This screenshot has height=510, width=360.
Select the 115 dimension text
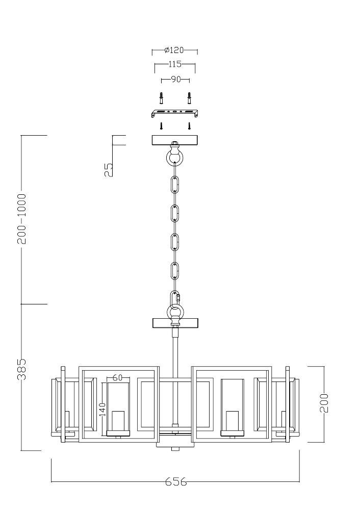click(x=174, y=64)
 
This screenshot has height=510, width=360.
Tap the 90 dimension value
click(x=175, y=79)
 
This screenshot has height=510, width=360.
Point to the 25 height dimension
click(x=109, y=169)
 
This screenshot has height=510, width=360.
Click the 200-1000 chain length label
click(x=22, y=219)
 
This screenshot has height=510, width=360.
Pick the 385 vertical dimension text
click(x=22, y=369)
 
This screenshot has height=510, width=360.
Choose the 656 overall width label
click(x=176, y=481)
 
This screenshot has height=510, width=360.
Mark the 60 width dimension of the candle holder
click(x=117, y=377)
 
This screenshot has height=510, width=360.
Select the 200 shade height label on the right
click(x=324, y=403)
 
